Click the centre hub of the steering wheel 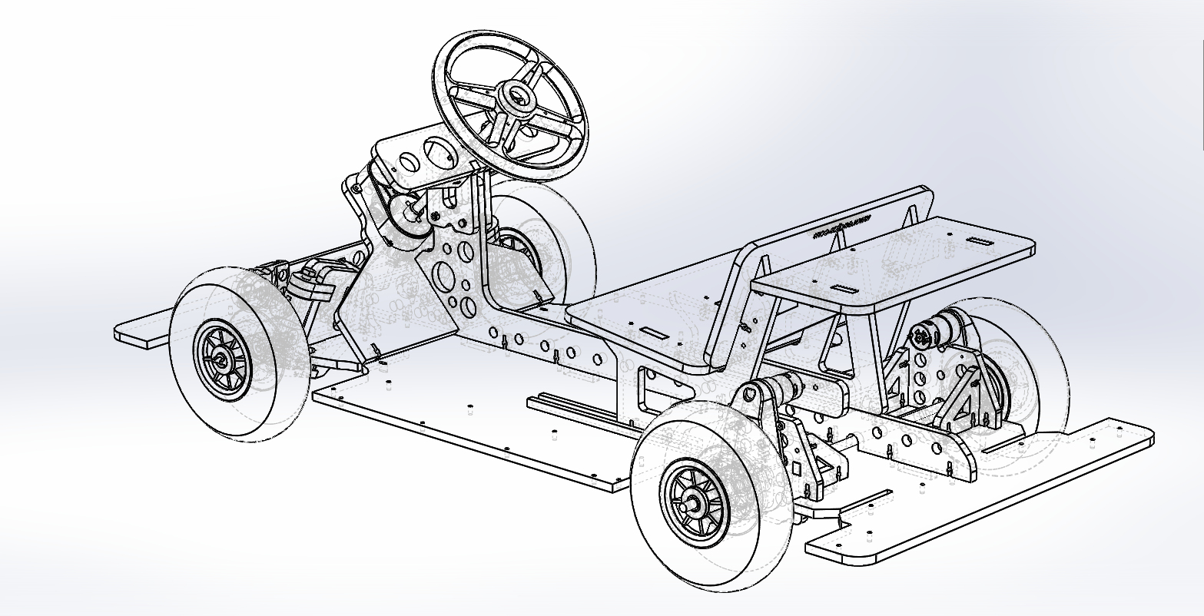[x=516, y=96]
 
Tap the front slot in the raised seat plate [x=844, y=290]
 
